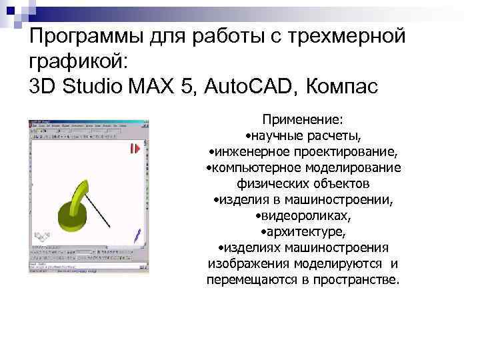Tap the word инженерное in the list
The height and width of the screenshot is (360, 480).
(253, 151)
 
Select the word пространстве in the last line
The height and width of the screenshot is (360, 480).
(357, 279)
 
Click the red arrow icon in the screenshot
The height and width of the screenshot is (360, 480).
(136, 149)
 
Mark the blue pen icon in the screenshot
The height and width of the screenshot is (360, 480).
(137, 234)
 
